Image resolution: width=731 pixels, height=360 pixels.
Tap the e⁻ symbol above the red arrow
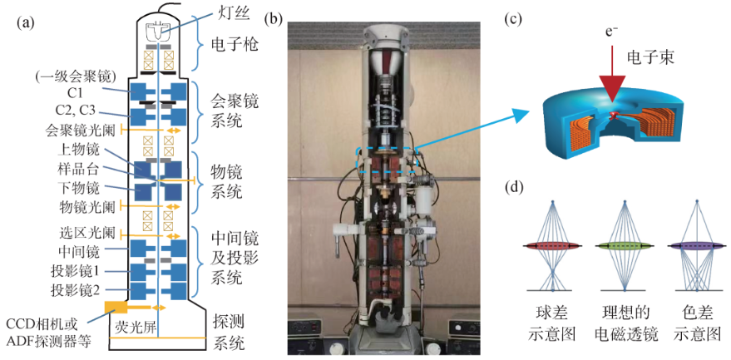pyautogui.click(x=612, y=32)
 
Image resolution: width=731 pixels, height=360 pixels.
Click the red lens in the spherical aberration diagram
pyautogui.click(x=552, y=246)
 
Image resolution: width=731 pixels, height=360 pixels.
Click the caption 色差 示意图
pyautogui.click(x=695, y=324)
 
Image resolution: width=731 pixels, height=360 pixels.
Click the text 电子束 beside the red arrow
pyautogui.click(x=654, y=59)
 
